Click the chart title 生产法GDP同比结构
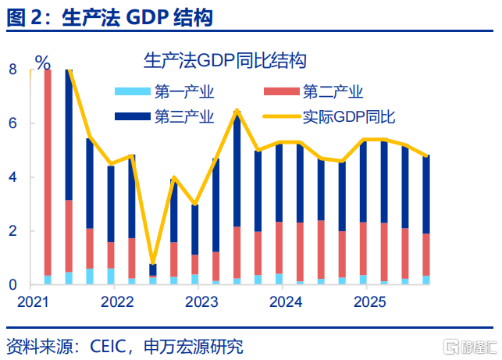(x=224, y=61)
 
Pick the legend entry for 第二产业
(x=333, y=92)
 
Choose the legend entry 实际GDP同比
(x=348, y=117)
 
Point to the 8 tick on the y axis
(x=12, y=70)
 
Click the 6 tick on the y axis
(x=12, y=123)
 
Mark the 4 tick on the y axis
(x=12, y=177)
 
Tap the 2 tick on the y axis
(x=12, y=231)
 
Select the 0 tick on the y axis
(x=12, y=285)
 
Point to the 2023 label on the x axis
(x=202, y=301)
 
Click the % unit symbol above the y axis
(x=43, y=62)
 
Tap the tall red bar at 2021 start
(x=48, y=172)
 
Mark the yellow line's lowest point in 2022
(x=153, y=265)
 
